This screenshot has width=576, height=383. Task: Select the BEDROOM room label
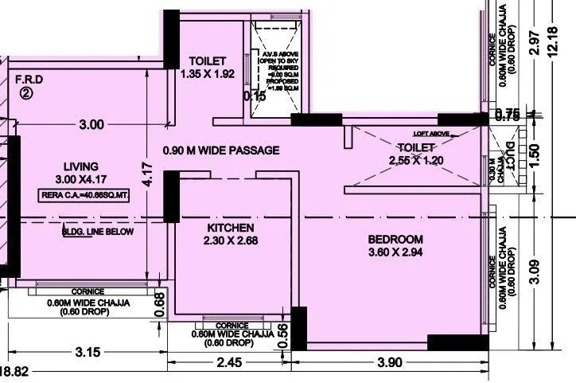(395, 239)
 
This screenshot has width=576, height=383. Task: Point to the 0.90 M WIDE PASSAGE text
(221, 150)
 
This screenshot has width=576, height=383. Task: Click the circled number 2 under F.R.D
(26, 92)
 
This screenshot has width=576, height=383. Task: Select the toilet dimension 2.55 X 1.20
(415, 160)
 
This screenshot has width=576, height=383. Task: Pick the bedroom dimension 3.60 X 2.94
(395, 254)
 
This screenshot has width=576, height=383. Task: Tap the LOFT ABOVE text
(430, 134)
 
